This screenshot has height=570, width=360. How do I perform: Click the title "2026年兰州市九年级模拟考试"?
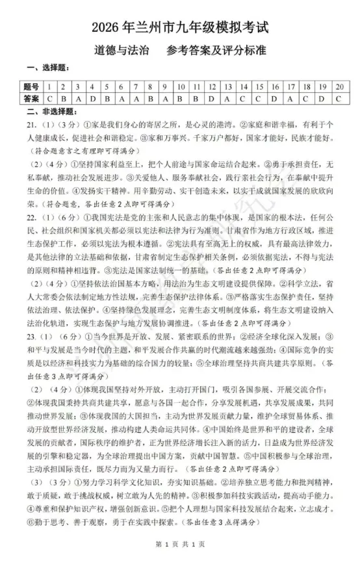tap(180, 27)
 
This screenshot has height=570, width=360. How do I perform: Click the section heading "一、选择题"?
tap(47, 69)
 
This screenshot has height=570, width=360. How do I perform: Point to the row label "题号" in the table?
tap(31, 86)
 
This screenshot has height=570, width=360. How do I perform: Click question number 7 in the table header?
tap(136, 86)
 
